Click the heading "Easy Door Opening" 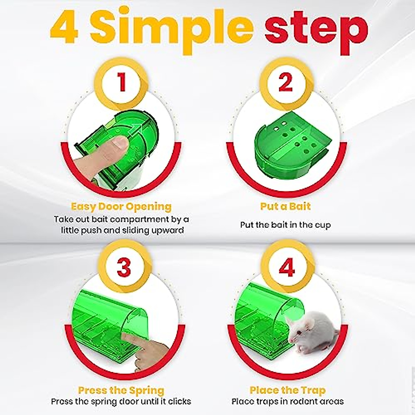[x=121, y=207]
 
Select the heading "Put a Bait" [x=285, y=206]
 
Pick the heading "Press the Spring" [x=121, y=390]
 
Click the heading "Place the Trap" [x=287, y=390]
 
